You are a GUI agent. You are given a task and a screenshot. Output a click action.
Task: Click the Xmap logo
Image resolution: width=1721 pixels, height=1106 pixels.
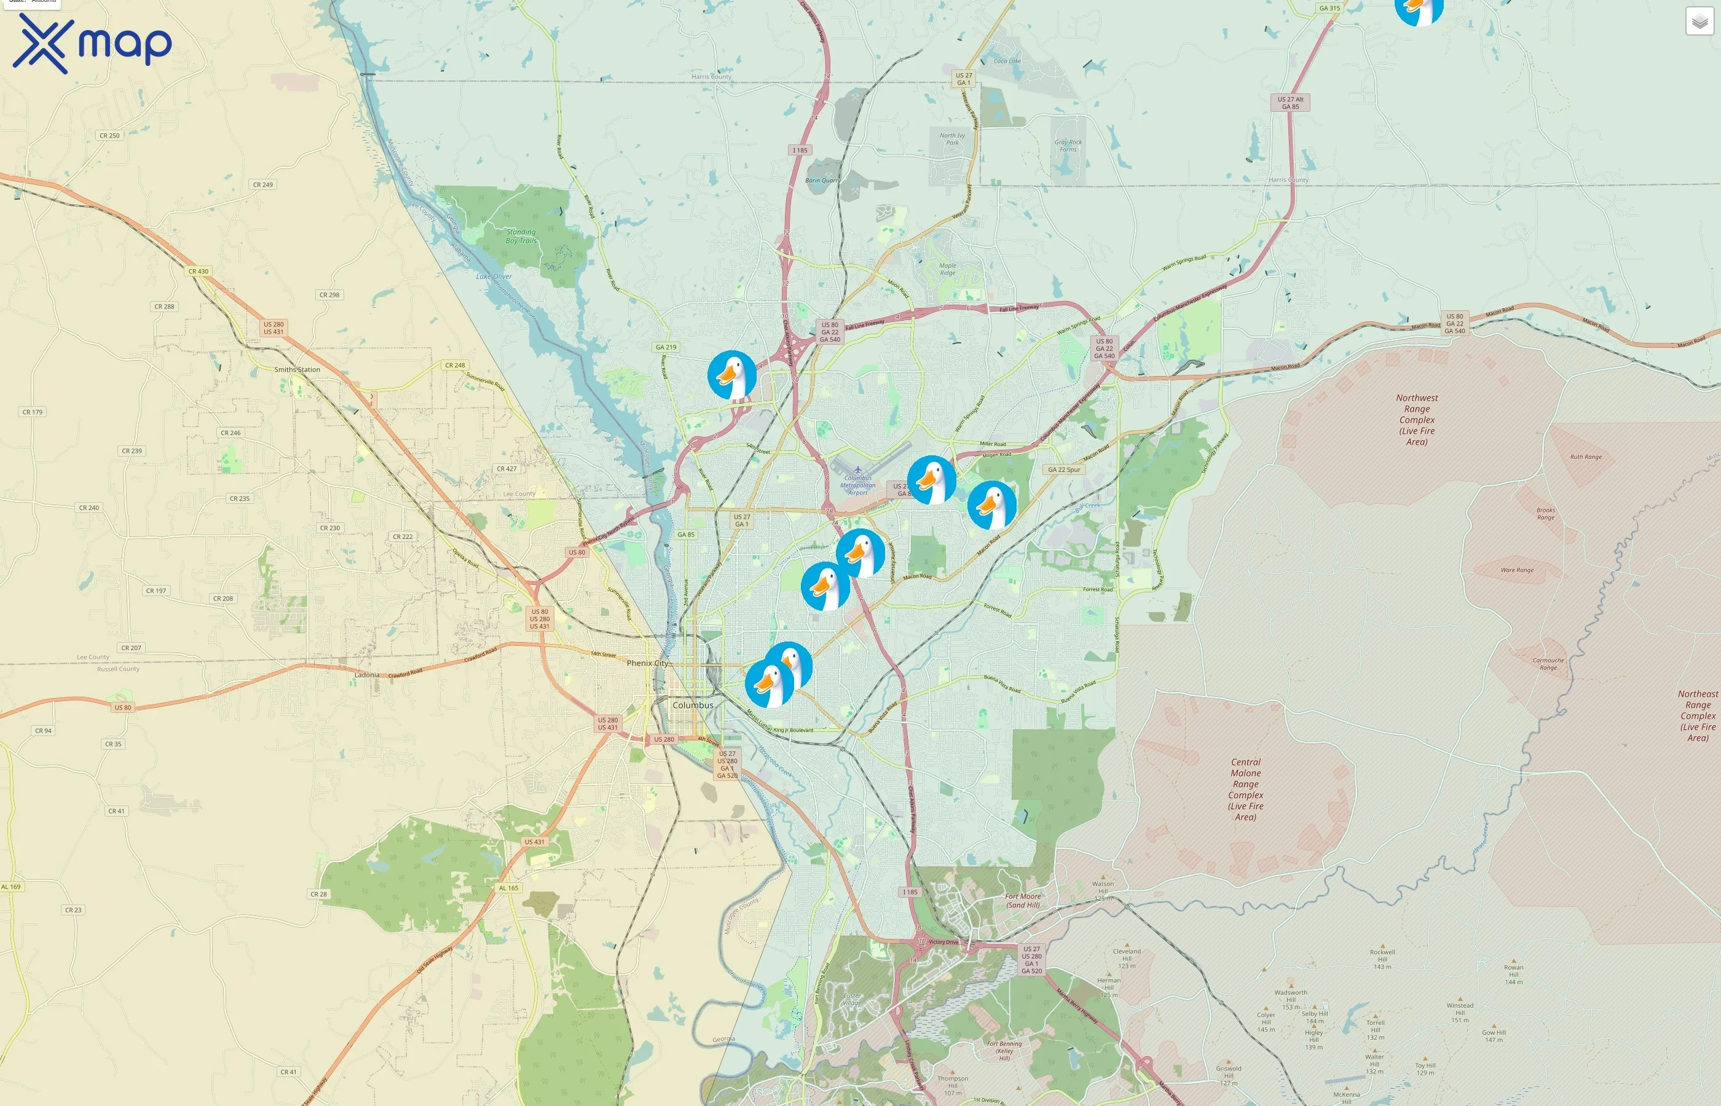[x=92, y=43]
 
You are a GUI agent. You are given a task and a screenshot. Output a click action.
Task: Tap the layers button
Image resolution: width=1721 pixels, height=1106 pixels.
[x=1699, y=22]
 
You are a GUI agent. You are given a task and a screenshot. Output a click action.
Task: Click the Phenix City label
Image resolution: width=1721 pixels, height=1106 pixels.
[x=647, y=663]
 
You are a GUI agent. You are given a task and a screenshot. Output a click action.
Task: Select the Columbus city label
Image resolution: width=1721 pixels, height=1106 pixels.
[x=693, y=705]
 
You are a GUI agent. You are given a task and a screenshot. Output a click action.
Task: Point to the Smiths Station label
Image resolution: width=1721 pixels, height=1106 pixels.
[x=297, y=370]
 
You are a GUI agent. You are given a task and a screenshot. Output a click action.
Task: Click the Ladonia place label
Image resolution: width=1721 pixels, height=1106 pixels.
[x=367, y=675]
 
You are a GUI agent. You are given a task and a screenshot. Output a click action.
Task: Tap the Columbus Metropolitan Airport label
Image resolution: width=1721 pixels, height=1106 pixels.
[x=857, y=485]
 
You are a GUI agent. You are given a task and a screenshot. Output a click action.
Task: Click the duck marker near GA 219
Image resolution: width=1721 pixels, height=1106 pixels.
[x=731, y=375]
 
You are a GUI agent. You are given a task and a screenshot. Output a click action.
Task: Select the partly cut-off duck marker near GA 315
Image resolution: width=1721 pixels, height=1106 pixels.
[x=1419, y=10]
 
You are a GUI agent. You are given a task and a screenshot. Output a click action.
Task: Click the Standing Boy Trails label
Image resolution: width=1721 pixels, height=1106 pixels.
[x=521, y=237]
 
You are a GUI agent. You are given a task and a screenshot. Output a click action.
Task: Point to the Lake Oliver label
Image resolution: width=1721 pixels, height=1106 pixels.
[x=494, y=276]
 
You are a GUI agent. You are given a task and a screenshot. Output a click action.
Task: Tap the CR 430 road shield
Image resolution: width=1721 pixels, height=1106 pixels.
[x=199, y=272]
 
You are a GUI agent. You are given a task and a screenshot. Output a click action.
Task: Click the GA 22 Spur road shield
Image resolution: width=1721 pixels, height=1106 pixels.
[x=1064, y=469]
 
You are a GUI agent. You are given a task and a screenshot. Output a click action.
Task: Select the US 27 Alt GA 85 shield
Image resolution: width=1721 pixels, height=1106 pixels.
[x=1290, y=103]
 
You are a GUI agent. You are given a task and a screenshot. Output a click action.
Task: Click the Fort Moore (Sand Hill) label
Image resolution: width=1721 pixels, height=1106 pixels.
[x=1023, y=901]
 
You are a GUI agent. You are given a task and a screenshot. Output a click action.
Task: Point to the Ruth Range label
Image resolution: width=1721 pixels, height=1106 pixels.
[x=1585, y=457]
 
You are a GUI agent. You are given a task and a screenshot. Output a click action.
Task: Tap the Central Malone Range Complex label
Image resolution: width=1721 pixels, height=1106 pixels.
[x=1245, y=790]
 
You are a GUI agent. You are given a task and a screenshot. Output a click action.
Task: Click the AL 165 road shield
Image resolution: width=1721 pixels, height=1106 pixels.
[x=508, y=888]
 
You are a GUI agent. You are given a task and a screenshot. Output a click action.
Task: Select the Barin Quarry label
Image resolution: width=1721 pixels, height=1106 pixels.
[x=822, y=180]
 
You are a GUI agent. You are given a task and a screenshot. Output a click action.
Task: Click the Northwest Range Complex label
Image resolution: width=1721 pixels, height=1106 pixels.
[x=1417, y=420]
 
